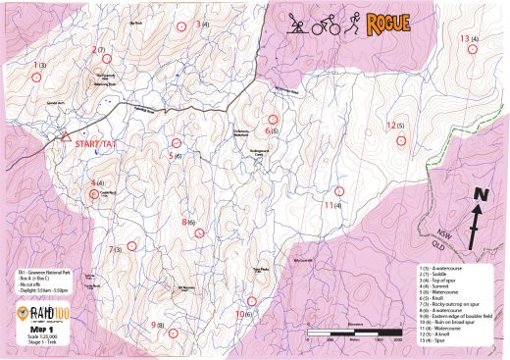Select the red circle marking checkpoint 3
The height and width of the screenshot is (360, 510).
pos(179,27)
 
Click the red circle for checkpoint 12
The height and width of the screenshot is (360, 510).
pos(399,140)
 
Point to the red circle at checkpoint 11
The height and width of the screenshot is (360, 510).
pos(338,190)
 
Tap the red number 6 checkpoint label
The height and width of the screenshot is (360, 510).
pos(268,129)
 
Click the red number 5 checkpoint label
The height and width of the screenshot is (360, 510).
pos(171,155)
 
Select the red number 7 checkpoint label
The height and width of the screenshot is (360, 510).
pos(111,249)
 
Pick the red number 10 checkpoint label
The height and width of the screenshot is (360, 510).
pos(238,314)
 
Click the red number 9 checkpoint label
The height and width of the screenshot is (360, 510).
pos(153,324)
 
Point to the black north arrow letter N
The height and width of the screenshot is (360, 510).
pos(481,196)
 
